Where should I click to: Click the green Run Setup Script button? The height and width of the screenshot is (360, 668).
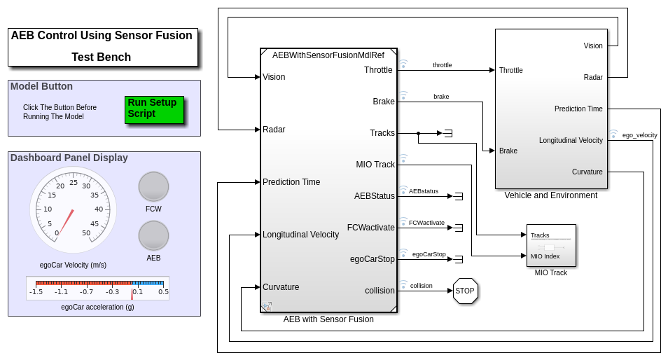(154, 109)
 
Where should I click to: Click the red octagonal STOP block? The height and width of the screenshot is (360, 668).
(465, 291)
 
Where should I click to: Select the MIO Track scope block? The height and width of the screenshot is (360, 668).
(551, 245)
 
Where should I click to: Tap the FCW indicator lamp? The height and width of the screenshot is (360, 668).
(153, 186)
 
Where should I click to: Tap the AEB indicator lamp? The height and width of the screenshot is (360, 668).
(153, 235)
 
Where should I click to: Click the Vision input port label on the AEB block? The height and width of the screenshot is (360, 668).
(274, 77)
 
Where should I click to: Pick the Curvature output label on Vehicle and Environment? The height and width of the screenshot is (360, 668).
(587, 172)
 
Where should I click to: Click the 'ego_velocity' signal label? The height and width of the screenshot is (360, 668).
(639, 134)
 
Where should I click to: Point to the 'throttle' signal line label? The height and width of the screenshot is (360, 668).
(442, 65)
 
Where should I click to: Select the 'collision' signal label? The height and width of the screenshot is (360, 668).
(421, 286)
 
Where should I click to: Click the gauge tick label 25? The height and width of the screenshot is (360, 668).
(74, 182)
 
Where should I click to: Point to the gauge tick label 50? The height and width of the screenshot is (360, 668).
(86, 233)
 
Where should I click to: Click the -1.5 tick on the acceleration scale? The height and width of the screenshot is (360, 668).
(36, 292)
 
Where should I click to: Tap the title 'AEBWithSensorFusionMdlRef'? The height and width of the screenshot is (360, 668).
(328, 55)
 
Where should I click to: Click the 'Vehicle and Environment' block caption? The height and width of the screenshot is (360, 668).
(550, 195)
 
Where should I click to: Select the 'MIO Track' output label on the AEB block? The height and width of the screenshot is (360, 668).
(375, 165)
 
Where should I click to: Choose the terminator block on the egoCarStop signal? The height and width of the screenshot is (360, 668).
(458, 259)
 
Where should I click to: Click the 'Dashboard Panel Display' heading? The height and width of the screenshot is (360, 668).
(69, 158)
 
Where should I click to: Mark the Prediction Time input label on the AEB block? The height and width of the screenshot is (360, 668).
(291, 182)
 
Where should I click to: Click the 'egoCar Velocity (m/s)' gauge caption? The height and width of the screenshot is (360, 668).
(73, 265)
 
